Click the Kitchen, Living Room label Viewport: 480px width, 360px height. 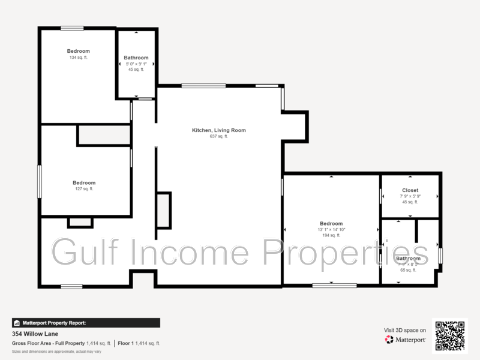218,130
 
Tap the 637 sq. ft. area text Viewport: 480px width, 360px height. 218,136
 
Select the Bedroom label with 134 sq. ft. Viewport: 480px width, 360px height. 78,51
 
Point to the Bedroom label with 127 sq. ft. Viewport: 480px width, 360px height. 84,183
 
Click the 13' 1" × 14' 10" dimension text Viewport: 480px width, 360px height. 331,230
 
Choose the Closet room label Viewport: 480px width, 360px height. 410,190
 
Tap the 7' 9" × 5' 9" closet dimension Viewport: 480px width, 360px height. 410,196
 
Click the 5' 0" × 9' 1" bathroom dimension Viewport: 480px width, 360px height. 136,64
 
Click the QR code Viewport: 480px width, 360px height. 450,336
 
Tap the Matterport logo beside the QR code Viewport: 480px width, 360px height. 406,340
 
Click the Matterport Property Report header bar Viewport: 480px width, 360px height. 86,323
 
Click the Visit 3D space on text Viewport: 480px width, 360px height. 405,330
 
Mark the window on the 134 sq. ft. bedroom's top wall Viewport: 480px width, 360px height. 72,28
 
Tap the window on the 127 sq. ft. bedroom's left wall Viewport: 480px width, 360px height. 40,181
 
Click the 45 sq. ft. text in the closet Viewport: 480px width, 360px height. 410,202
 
